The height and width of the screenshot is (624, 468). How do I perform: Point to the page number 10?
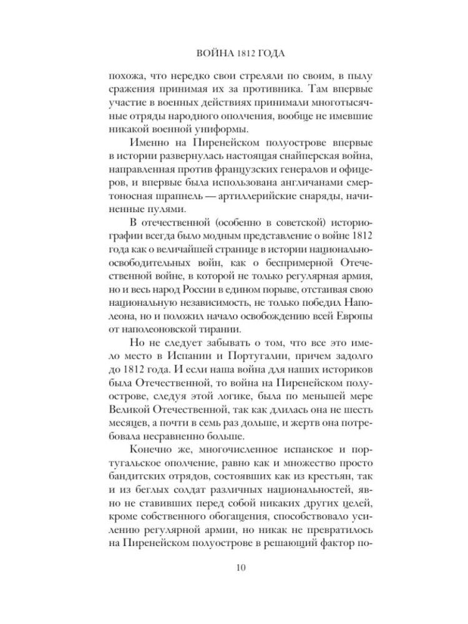[x=233, y=567]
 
